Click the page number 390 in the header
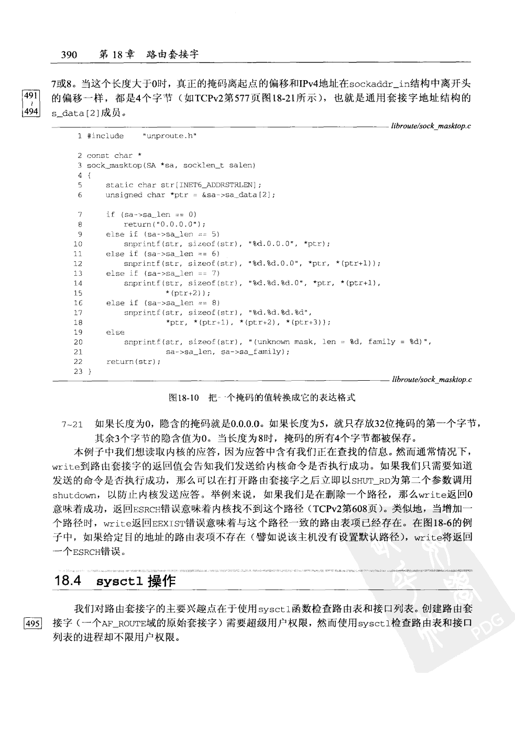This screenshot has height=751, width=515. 69,55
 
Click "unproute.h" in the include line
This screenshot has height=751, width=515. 169,136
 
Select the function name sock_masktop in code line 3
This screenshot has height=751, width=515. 114,165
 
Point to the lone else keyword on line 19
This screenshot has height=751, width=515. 115,332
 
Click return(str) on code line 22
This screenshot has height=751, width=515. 133,361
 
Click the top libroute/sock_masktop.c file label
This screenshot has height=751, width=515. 431,126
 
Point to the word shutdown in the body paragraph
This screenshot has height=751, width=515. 75,495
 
